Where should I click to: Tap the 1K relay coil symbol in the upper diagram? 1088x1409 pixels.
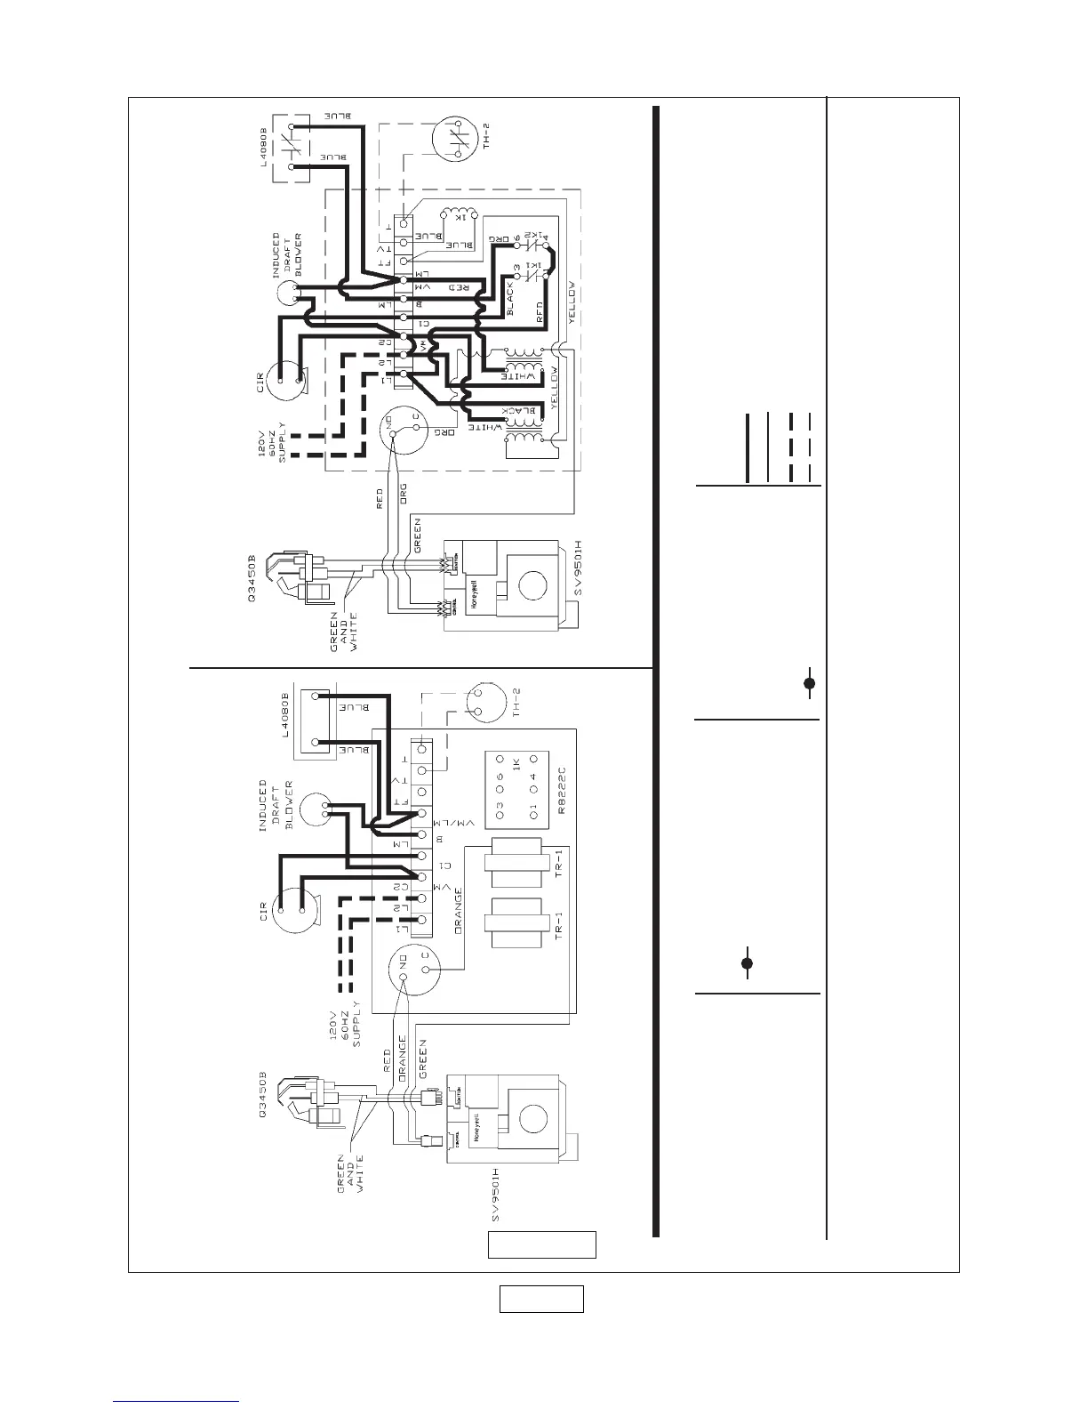461,216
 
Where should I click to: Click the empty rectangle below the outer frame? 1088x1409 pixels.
540,1299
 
